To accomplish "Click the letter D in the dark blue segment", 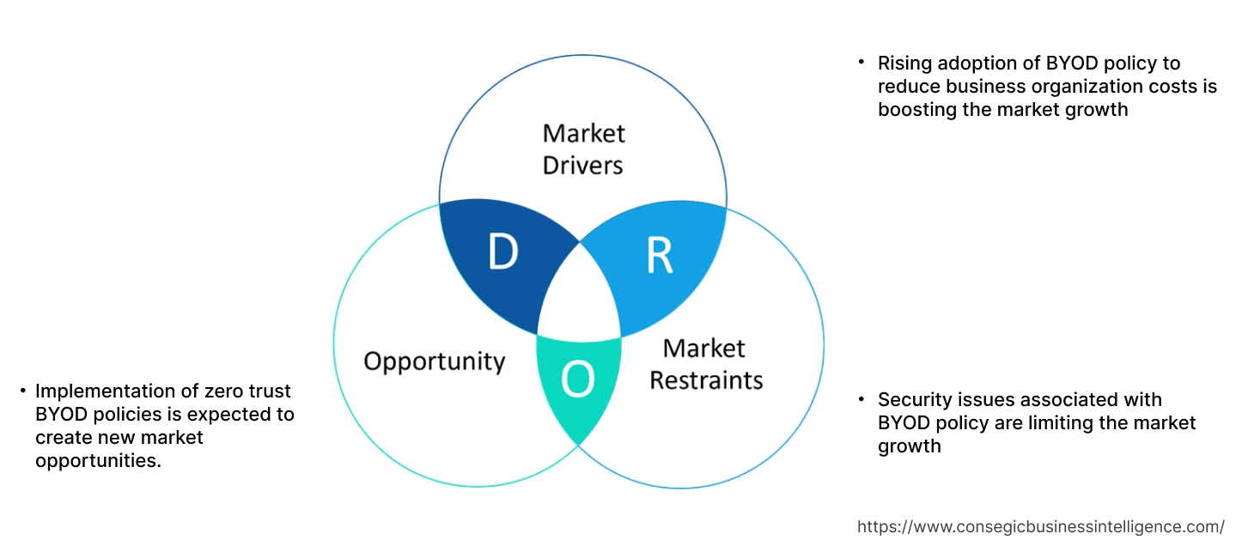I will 502,252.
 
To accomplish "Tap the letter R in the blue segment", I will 659,255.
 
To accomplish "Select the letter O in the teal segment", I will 577,380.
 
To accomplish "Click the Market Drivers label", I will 583,149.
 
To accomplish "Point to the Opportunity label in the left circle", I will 434,361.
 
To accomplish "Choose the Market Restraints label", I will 705,363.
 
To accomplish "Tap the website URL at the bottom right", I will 1041,526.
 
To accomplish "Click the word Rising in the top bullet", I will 903,63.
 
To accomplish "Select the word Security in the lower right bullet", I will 914,399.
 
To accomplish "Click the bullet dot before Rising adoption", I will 861,62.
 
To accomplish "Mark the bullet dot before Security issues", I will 861,398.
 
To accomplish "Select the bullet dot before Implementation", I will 23,391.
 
